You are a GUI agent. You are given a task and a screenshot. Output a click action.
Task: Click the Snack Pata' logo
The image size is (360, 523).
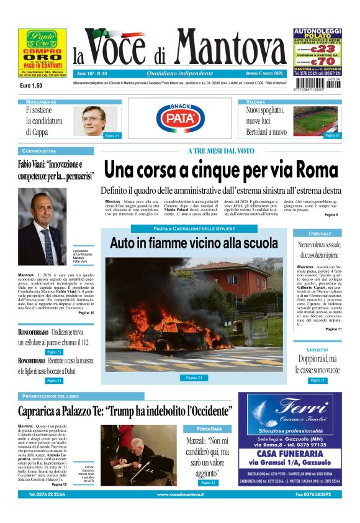[181, 117]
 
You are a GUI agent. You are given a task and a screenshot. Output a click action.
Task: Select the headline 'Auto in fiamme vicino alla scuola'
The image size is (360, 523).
[194, 243]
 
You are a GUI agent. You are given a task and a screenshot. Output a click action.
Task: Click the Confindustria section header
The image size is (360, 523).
[39, 151]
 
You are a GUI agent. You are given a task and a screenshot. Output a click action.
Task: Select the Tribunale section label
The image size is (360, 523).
[320, 233]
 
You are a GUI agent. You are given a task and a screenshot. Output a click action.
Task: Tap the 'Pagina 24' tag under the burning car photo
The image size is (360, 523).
[194, 378]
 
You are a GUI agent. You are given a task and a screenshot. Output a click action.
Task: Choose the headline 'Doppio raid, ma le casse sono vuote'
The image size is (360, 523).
[317, 365]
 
